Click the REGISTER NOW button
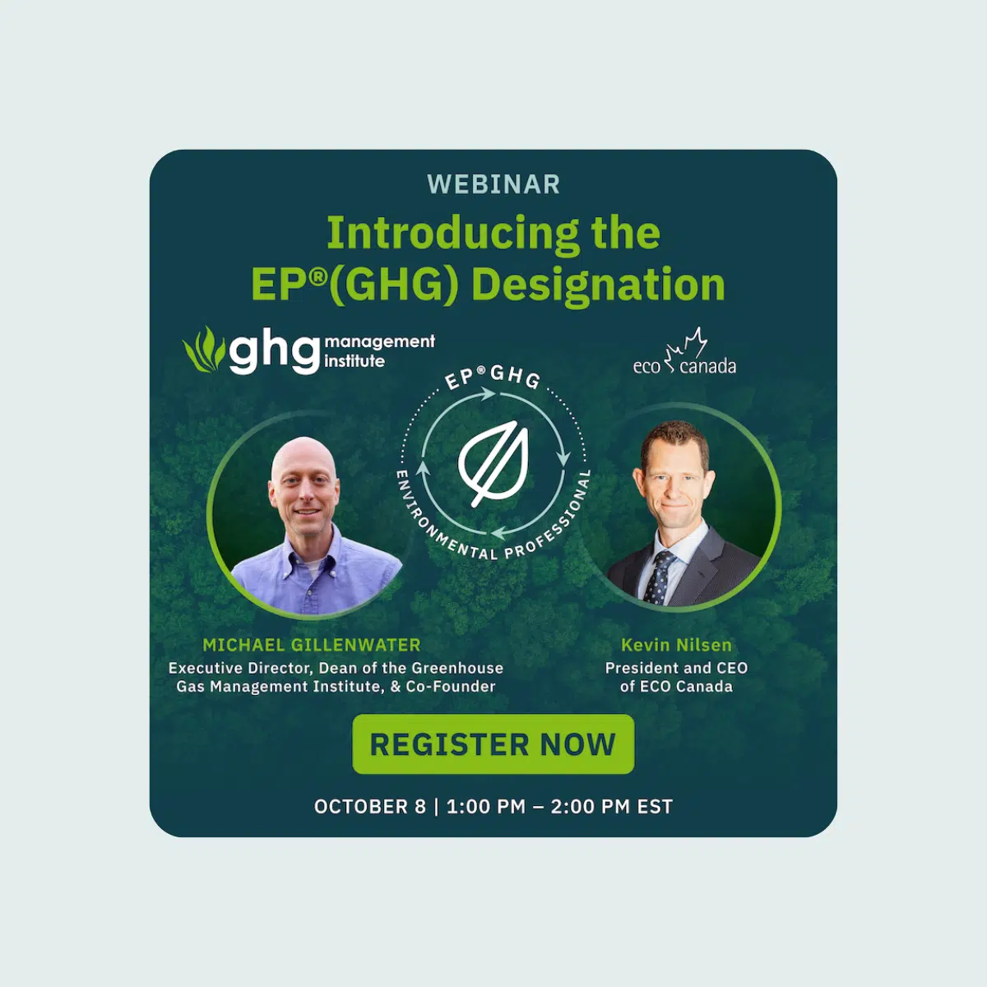[493, 744]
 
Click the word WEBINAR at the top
[493, 184]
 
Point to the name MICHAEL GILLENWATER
[312, 645]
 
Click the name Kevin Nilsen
[676, 645]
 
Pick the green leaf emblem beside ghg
[203, 350]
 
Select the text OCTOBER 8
[370, 807]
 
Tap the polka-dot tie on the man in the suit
[657, 577]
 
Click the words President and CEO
[676, 668]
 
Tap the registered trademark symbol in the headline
[318, 276]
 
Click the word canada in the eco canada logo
[707, 367]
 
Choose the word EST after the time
[655, 807]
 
